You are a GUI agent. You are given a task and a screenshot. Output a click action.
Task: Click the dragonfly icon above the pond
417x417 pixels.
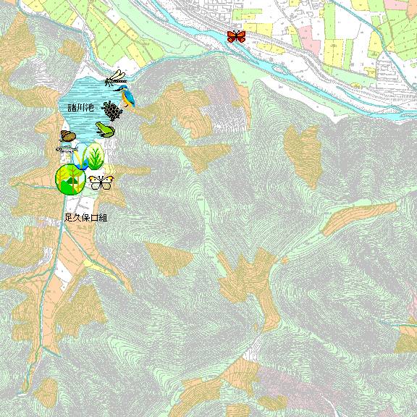pyautogui.click(x=116, y=77)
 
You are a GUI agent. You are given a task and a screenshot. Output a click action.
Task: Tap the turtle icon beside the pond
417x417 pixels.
pyautogui.click(x=111, y=111)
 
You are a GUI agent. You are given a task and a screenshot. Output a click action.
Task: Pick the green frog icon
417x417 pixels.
pyautogui.click(x=105, y=130)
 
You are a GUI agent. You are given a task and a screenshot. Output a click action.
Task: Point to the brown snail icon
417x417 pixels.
pyautogui.click(x=68, y=136)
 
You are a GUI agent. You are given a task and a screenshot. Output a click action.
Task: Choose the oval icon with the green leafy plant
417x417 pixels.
pyautogui.click(x=95, y=155)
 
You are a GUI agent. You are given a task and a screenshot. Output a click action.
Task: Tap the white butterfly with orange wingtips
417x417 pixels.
pyautogui.click(x=101, y=181)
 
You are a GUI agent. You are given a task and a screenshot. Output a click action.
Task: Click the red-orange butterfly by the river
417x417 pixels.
pyautogui.click(x=236, y=36)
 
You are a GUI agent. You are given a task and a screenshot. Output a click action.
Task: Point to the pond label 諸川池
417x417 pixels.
pyautogui.click(x=81, y=108)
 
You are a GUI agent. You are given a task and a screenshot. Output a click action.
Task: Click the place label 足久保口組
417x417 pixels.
pyautogui.click(x=85, y=217)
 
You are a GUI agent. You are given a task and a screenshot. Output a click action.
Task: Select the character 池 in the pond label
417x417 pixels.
pyautogui.click(x=90, y=108)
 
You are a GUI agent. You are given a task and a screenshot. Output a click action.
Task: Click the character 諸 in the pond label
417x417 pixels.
pyautogui.click(x=72, y=108)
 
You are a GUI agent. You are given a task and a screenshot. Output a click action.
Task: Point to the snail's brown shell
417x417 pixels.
pyautogui.click(x=69, y=135)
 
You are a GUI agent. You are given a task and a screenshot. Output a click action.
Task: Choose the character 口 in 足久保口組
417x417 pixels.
pyautogui.click(x=94, y=217)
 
